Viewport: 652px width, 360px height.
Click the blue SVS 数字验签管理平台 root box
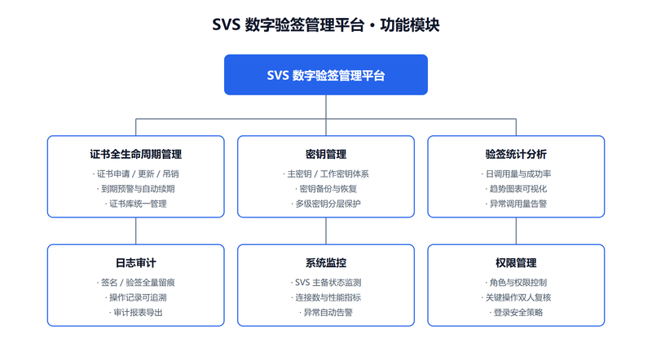[325, 75]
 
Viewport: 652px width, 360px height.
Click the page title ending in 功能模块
[325, 25]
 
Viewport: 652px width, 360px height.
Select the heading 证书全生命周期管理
[135, 154]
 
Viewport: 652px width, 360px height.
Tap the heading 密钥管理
[325, 154]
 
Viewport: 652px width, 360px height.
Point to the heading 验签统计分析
[516, 154]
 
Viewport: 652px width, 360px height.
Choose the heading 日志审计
[135, 263]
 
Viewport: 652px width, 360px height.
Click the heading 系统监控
[325, 263]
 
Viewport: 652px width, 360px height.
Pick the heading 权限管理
[516, 263]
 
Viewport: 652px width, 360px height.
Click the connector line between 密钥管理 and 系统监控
[326, 230]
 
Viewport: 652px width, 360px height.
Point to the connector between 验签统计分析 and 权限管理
[516, 230]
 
